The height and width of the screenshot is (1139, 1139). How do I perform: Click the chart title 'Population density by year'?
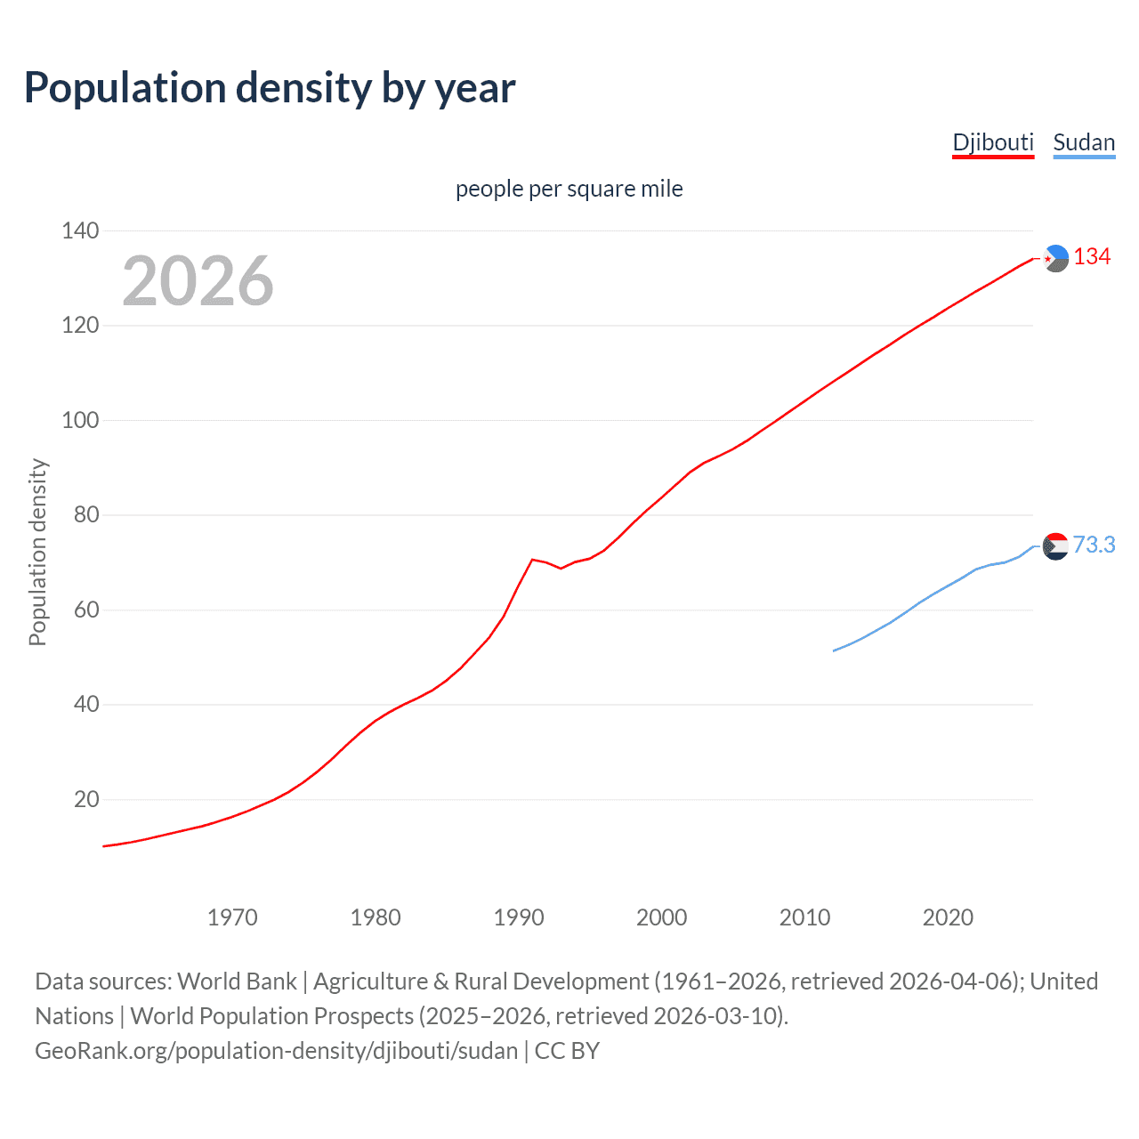(x=270, y=88)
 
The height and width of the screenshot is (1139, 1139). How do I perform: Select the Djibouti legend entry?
(x=992, y=142)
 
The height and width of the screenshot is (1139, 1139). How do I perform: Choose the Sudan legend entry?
(x=1083, y=142)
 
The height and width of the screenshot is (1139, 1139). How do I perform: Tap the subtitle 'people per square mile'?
(x=569, y=189)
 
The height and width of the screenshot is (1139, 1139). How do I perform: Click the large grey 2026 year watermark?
(x=198, y=281)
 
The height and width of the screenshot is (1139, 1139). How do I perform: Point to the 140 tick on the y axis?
(x=80, y=230)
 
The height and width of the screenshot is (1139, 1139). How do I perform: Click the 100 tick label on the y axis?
(x=80, y=420)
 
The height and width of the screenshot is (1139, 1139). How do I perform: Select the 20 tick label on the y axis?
(x=86, y=799)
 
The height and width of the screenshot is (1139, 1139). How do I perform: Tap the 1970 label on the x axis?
(x=232, y=917)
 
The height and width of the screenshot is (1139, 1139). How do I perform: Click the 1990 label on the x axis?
(x=519, y=917)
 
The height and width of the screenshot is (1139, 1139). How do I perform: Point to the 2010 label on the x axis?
(x=804, y=917)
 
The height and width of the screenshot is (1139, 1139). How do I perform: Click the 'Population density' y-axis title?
(x=37, y=552)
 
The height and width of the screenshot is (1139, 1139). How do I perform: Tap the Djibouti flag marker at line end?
(x=1055, y=258)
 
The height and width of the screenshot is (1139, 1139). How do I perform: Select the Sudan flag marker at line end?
(x=1055, y=545)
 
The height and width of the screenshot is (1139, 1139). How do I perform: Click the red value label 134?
(x=1092, y=257)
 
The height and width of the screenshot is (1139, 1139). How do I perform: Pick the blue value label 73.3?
(x=1094, y=545)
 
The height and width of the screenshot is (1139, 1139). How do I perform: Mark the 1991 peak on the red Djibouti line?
(x=532, y=560)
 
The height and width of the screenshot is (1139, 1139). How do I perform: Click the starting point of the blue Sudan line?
(x=834, y=650)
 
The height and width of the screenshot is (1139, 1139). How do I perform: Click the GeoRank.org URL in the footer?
(x=276, y=1051)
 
